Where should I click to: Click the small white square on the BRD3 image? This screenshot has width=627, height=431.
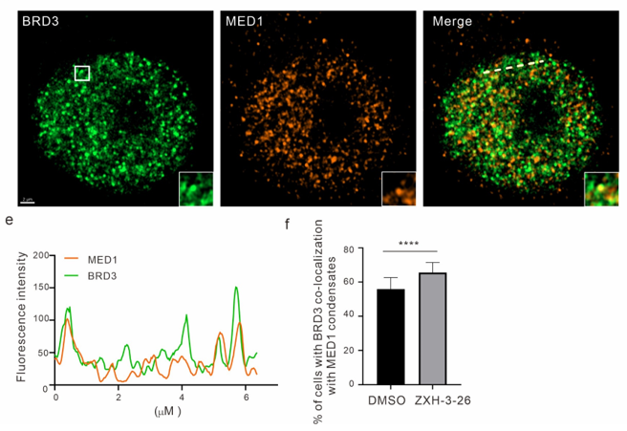click(82, 73)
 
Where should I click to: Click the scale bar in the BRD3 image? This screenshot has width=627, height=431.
click(28, 201)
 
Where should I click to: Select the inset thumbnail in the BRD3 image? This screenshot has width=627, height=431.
click(196, 187)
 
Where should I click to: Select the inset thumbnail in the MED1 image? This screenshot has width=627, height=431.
click(398, 187)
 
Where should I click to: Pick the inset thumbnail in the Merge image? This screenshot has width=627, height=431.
click(600, 187)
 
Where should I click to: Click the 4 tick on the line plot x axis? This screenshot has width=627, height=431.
click(183, 397)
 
